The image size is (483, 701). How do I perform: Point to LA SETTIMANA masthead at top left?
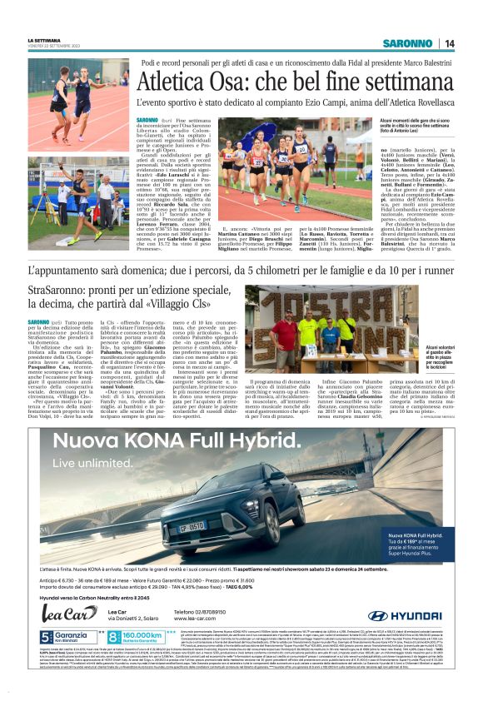tap(44, 39)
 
